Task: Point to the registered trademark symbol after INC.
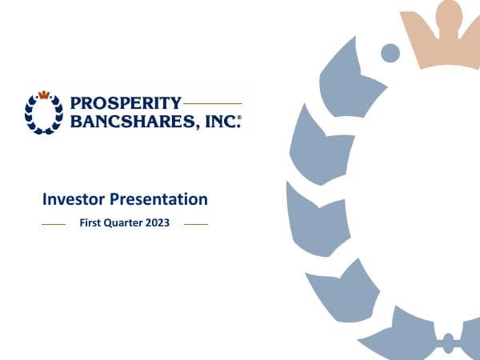point(239,117)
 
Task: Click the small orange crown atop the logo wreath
point(43,94)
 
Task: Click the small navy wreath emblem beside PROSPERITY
point(43,114)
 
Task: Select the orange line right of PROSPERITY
point(212,103)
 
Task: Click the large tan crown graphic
point(440,36)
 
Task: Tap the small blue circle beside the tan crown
point(390,53)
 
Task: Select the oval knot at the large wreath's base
point(448,341)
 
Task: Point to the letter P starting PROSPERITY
point(75,103)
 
